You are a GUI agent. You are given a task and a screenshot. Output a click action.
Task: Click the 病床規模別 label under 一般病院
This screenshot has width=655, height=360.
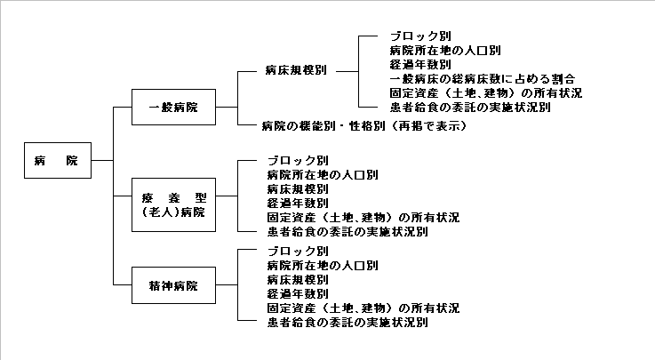(296, 69)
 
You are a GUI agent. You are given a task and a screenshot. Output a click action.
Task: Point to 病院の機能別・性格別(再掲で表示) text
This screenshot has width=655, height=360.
(363, 127)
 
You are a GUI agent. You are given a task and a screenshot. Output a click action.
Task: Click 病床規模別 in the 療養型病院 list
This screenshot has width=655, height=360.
(297, 188)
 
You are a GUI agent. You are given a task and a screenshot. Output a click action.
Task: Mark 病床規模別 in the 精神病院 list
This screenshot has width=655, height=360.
(297, 280)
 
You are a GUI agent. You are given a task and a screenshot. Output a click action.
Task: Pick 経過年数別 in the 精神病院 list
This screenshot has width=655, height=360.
(297, 294)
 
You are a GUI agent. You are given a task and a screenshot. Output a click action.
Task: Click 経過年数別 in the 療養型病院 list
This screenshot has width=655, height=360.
(297, 203)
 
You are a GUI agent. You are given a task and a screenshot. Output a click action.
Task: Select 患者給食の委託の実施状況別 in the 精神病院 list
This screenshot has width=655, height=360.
(347, 323)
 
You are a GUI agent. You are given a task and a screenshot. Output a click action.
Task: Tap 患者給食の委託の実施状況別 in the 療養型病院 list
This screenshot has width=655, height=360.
(347, 231)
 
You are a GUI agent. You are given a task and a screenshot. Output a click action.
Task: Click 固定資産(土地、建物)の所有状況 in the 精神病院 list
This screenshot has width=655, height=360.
(363, 308)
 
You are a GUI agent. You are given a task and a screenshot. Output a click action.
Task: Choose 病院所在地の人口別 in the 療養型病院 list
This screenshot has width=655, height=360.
(322, 174)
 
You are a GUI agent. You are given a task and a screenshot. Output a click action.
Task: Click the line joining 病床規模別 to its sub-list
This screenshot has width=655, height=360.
(347, 70)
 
